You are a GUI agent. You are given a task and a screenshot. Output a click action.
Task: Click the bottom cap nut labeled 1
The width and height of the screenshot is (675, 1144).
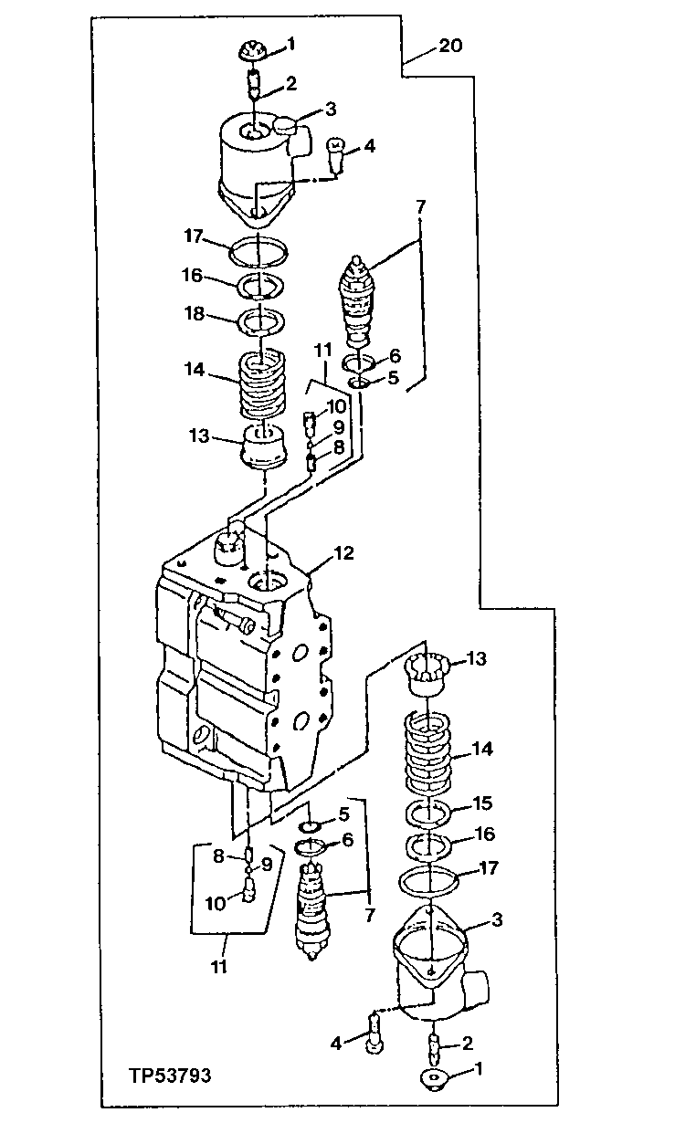432,1079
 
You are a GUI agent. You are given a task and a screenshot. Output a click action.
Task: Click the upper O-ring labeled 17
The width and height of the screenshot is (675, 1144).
258,248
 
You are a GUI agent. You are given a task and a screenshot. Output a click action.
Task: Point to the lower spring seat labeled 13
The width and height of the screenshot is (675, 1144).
427,675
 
